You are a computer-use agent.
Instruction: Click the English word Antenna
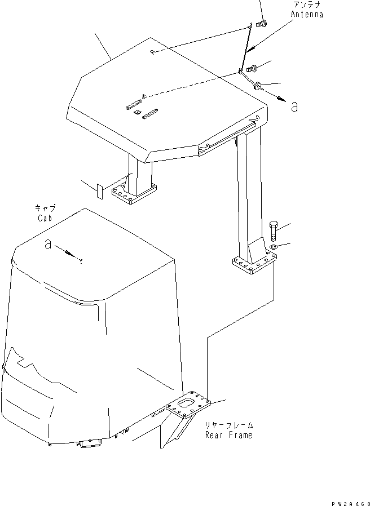(307, 15)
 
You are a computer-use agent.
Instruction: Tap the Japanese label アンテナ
(308, 5)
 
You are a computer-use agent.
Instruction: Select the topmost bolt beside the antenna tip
(261, 24)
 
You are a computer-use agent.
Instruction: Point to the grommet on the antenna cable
(258, 86)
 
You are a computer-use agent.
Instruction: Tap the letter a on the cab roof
(49, 245)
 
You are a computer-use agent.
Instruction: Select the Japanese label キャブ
(45, 208)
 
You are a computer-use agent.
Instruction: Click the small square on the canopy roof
(137, 113)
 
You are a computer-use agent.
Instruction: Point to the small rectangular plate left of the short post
(99, 190)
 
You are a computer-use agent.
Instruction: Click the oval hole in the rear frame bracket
(186, 403)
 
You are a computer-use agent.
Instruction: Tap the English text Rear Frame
(229, 435)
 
